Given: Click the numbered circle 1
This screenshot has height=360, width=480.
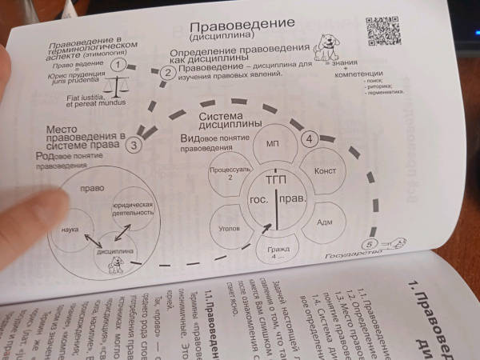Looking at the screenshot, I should (x=118, y=65).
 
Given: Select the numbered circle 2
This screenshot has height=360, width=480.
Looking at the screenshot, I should (x=167, y=73).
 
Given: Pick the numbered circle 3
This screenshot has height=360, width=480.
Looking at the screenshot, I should (x=134, y=144).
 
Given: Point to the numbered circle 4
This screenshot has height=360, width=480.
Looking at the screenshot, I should (x=310, y=138).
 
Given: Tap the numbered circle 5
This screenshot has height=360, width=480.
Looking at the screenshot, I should (x=368, y=244).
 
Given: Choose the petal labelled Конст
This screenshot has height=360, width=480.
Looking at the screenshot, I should (x=325, y=170).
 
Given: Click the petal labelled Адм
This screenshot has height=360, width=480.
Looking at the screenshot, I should (x=324, y=221).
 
